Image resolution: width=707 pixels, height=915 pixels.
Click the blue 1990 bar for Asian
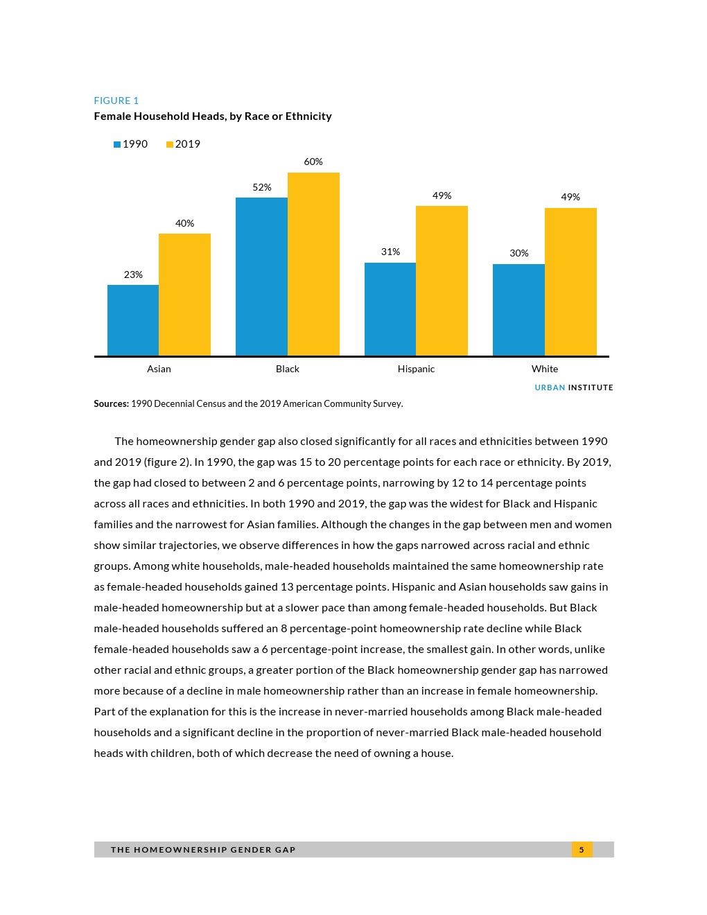(x=133, y=320)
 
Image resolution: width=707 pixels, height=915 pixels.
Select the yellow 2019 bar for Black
(x=313, y=264)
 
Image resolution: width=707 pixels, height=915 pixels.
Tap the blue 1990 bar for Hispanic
(x=390, y=309)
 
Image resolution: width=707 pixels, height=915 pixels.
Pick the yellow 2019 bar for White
(x=570, y=281)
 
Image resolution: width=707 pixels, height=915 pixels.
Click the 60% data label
(x=313, y=162)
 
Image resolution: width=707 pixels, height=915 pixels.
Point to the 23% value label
(x=133, y=274)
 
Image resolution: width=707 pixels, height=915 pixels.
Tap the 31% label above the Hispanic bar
(x=390, y=252)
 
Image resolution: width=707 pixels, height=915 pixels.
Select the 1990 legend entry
(x=131, y=144)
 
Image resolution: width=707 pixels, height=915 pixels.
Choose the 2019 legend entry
(x=184, y=144)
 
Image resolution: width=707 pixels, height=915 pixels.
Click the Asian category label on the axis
(x=159, y=369)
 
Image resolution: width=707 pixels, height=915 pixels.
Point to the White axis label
(x=545, y=369)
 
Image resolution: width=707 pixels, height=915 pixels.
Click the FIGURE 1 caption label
(x=116, y=101)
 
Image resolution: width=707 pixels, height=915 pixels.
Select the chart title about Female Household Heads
(x=213, y=116)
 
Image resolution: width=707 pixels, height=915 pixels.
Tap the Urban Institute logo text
(x=574, y=387)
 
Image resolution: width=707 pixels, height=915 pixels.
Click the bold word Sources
(x=111, y=403)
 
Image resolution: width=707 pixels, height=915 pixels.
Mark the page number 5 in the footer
(x=582, y=849)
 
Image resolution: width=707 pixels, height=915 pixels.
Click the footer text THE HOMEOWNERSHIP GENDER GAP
(x=203, y=849)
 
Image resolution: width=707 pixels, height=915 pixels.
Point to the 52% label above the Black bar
(x=262, y=187)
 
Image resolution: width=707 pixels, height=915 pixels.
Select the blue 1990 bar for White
(x=518, y=310)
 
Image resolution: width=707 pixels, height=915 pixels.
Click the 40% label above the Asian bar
(x=184, y=223)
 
